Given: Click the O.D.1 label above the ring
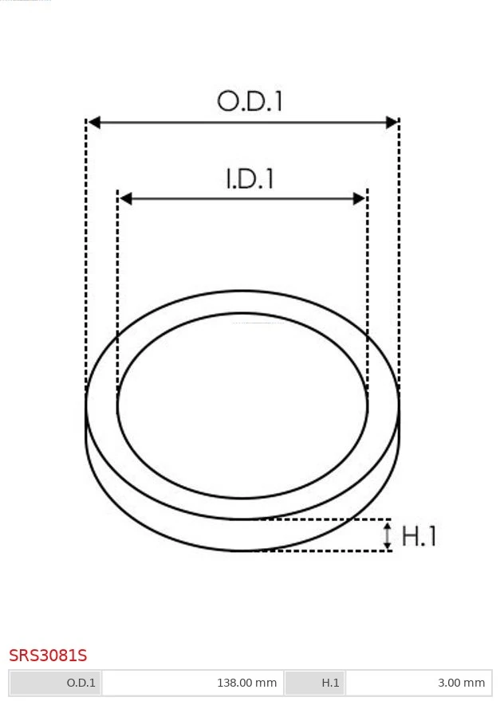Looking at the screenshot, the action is click(250, 101).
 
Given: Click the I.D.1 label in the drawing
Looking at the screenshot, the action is click(250, 178).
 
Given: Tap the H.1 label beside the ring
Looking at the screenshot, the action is click(419, 535).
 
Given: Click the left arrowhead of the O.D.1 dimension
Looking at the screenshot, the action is click(94, 122).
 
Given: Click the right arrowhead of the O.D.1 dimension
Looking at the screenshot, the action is click(392, 122).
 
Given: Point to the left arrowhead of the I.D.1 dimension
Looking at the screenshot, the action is click(126, 198).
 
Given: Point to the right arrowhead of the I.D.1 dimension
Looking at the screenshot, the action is click(360, 198).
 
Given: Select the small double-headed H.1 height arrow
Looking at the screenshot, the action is click(388, 535).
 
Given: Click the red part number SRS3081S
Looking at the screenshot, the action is click(48, 656).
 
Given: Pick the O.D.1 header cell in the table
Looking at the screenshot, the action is click(56, 683).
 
